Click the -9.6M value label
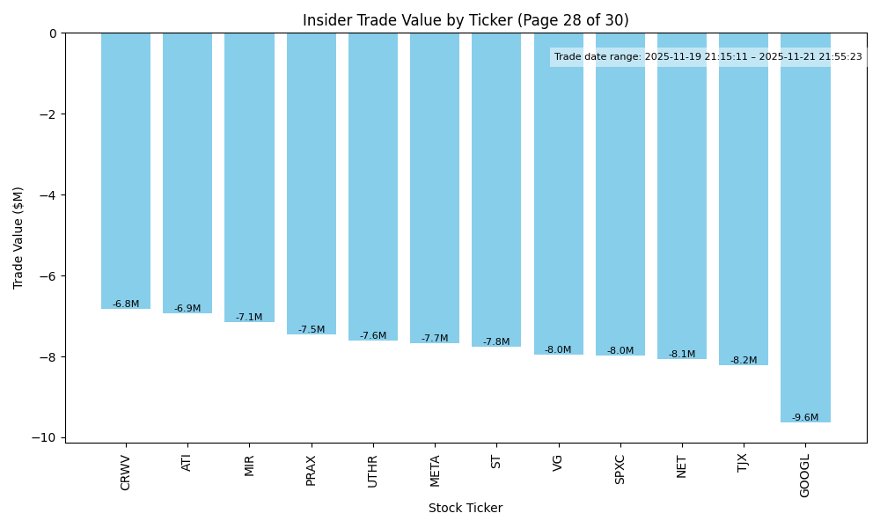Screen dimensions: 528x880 click(805, 418)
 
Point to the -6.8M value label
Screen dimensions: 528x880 click(126, 304)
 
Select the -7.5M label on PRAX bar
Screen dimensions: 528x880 click(312, 330)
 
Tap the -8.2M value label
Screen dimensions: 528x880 click(744, 361)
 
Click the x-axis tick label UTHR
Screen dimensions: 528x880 click(373, 472)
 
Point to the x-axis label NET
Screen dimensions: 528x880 click(682, 466)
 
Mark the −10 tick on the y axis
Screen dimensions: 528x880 click(45, 438)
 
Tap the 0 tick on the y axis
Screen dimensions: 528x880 click(53, 33)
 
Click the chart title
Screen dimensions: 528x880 click(466, 20)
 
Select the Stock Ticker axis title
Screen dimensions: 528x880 click(466, 509)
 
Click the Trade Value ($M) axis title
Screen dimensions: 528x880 click(18, 238)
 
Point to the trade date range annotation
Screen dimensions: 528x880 click(708, 57)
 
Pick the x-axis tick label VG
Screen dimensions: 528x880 click(559, 463)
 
